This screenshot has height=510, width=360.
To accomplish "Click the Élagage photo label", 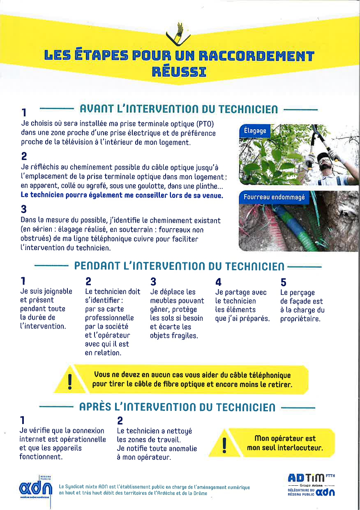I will pyautogui.click(x=255, y=131).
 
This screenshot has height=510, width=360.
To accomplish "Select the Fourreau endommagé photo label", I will pyautogui.click(x=274, y=197).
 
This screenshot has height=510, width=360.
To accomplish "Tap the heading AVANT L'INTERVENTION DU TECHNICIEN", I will pyautogui.click(x=178, y=109).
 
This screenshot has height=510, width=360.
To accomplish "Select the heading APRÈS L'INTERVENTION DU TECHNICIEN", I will pyautogui.click(x=177, y=407).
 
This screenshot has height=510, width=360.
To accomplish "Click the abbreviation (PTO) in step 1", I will pyautogui.click(x=205, y=124).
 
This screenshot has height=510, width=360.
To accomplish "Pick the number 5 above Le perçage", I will pyautogui.click(x=283, y=283).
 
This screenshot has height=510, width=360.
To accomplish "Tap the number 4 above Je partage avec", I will pyautogui.click(x=219, y=282).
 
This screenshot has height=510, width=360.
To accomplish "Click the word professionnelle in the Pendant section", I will pyautogui.click(x=109, y=318).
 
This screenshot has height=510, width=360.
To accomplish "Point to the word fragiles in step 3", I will pyautogui.click(x=181, y=336).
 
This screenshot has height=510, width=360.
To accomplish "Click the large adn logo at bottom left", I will pyautogui.click(x=36, y=489).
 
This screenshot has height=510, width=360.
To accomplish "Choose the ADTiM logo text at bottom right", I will pyautogui.click(x=306, y=478).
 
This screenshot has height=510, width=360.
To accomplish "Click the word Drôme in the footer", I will pyautogui.click(x=198, y=493).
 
